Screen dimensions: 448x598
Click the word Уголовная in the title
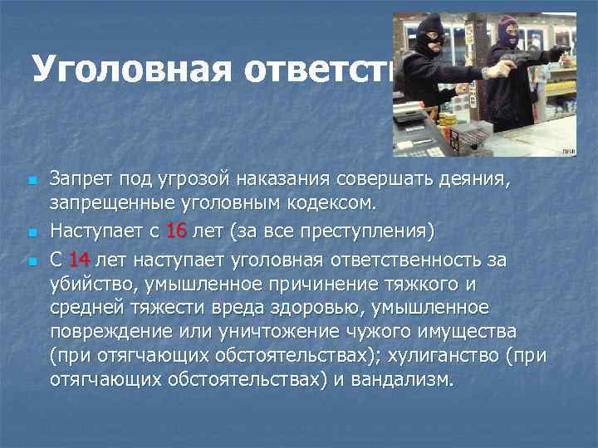[113, 69]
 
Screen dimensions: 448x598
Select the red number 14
[79, 259]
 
